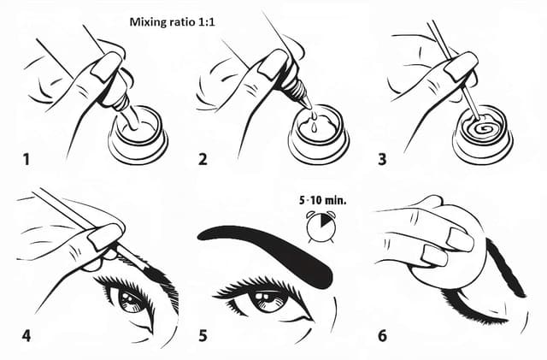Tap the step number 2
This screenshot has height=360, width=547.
click(x=202, y=158)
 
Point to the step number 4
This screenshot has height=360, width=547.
click(x=26, y=334)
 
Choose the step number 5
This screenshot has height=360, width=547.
click(x=203, y=334)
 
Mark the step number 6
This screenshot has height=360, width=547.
click(x=382, y=334)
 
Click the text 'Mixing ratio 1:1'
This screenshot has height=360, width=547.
click(x=173, y=23)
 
